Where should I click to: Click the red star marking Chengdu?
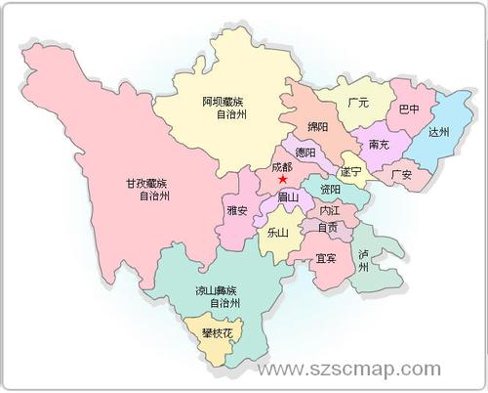point(282,179)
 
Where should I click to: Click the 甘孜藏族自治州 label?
point(146,190)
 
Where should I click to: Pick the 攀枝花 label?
point(218,333)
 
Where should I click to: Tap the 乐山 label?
point(277,234)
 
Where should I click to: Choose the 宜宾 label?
point(326,259)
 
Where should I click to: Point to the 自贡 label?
point(327,227)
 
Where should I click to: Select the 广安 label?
point(400,175)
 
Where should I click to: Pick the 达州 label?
point(439,132)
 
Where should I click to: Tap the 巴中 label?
point(409,109)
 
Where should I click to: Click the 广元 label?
point(357,102)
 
